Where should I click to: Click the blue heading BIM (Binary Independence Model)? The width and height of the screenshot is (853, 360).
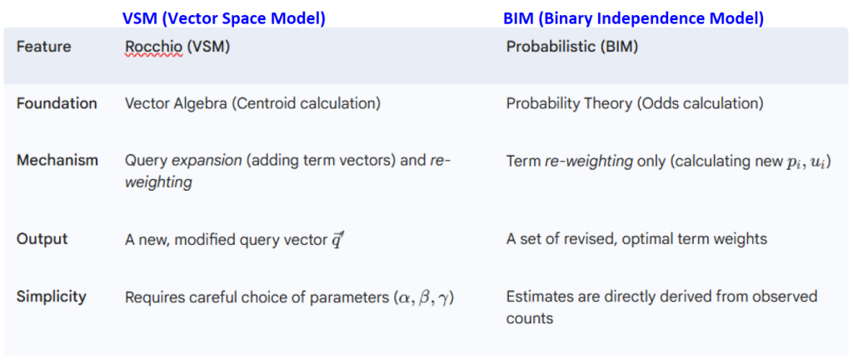pos(634,18)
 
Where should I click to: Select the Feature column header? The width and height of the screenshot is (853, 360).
pos(43,47)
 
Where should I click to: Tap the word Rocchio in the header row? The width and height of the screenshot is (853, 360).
pos(153,47)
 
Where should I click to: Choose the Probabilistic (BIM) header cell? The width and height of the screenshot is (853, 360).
pos(571,47)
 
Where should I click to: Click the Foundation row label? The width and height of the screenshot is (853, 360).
pos(57,103)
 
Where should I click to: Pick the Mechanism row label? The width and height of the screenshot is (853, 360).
pos(57,161)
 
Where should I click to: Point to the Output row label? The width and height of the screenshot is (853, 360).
pos(42,238)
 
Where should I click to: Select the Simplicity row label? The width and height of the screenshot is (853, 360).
pos(51,297)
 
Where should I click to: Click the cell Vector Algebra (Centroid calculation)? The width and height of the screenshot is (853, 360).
pos(252,104)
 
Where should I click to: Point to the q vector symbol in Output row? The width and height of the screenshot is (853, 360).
pos(337,240)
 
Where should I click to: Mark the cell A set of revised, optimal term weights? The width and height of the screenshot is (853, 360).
pos(636,239)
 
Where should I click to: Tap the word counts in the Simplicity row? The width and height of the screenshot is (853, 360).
pos(529,318)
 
